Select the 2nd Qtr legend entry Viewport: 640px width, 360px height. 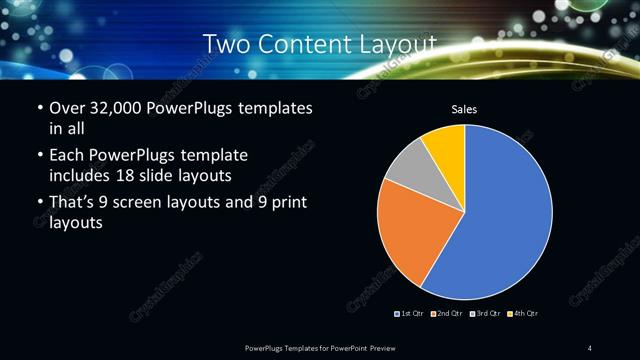[446, 315]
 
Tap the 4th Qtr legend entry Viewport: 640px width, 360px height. [523, 315]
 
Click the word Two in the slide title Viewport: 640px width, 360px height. [226, 45]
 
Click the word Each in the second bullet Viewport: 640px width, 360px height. [66, 156]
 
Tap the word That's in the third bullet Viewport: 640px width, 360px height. [76, 204]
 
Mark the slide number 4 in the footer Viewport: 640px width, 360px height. [590, 347]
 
